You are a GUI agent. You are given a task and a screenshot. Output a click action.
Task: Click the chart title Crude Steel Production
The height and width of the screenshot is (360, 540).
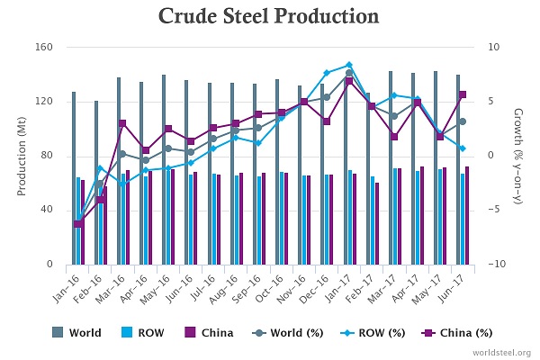pos(269,17)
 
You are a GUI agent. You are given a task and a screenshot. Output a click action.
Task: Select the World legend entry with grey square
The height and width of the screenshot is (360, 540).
pos(78,333)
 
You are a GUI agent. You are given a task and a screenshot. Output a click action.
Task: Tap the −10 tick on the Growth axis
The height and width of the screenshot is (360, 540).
pos(495,265)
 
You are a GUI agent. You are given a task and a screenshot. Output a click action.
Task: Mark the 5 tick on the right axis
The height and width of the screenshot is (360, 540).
pos(490,102)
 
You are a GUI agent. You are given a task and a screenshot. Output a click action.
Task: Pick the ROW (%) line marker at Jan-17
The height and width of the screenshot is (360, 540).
pos(349,65)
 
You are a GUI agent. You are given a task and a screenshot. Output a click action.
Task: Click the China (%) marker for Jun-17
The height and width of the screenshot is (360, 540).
pos(463,94)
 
